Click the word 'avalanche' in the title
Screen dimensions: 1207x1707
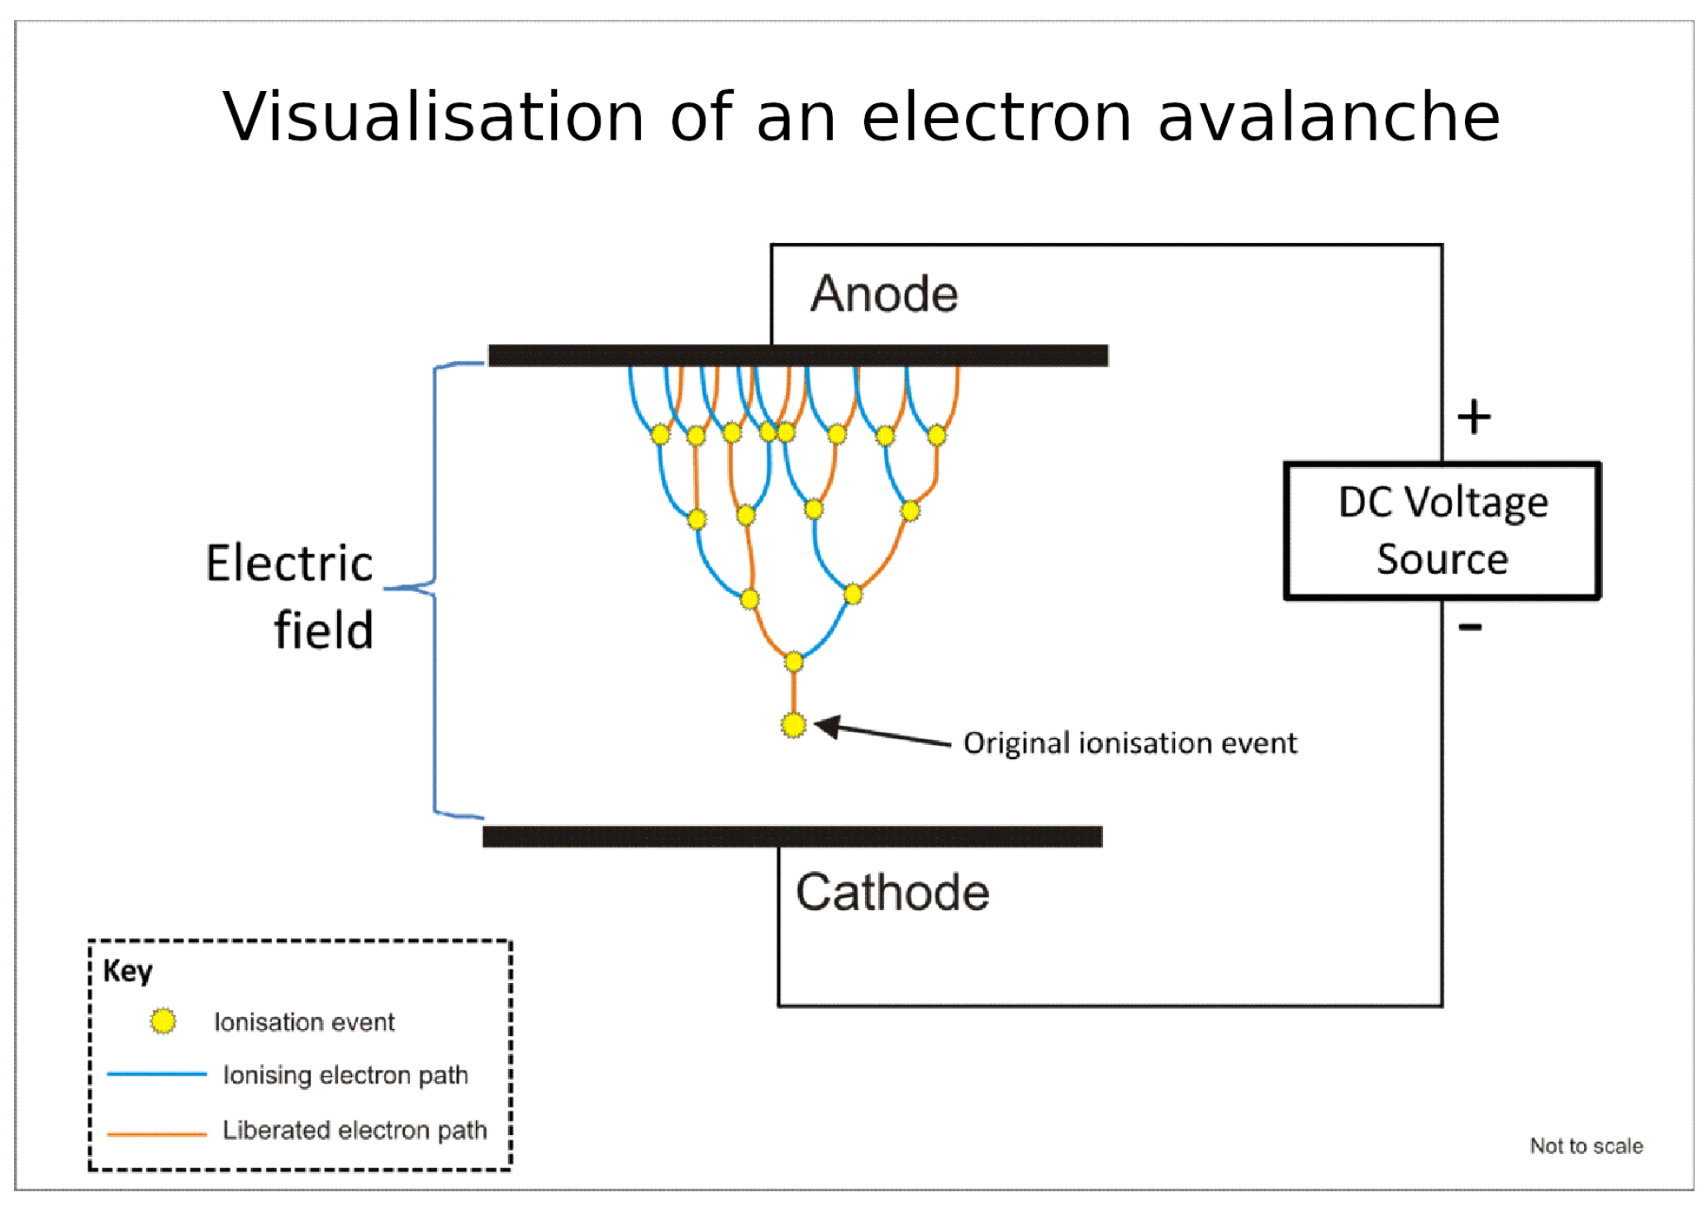click(x=1328, y=117)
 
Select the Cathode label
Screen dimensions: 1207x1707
click(x=892, y=892)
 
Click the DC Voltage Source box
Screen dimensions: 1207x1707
click(x=1442, y=530)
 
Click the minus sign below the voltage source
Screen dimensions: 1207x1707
click(x=1470, y=627)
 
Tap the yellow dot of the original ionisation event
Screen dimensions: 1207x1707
click(x=793, y=725)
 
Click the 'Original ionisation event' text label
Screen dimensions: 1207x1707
click(x=1129, y=743)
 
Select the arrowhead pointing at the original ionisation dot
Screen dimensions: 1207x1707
click(x=828, y=726)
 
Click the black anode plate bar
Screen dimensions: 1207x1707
click(x=797, y=355)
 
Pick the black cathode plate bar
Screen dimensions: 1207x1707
click(x=792, y=837)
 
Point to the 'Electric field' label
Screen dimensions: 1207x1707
click(x=290, y=596)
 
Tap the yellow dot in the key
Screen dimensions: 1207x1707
click(x=163, y=1021)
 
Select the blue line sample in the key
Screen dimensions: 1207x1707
click(x=156, y=1074)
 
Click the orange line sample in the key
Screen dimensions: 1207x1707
click(x=156, y=1134)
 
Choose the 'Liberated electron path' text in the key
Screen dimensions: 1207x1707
click(x=354, y=1130)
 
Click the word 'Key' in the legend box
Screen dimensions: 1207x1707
click(x=127, y=971)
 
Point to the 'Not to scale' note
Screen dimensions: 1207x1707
click(x=1586, y=1146)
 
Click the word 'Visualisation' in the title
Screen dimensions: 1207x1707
click(x=433, y=117)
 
